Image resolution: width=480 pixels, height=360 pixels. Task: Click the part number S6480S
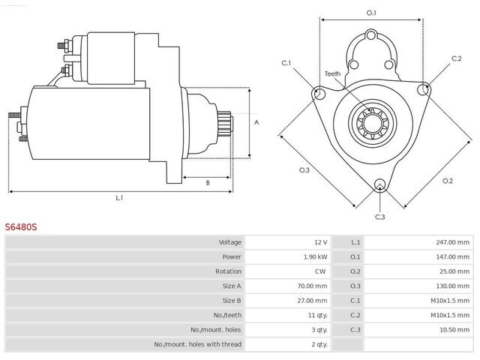[21, 226]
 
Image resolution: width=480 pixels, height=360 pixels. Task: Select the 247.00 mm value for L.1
[452, 242]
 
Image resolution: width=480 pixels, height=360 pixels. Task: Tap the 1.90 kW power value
[315, 256]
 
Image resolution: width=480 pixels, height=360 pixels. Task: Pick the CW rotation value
[320, 271]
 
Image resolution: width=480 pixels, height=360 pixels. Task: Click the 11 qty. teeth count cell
[317, 315]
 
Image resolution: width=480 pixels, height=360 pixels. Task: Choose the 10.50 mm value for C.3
[454, 330]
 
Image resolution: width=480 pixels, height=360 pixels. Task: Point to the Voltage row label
[230, 242]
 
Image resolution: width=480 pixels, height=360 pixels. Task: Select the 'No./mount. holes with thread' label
[197, 344]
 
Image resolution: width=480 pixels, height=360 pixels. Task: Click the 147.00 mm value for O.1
[452, 256]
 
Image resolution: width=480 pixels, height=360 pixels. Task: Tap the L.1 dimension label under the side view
[119, 198]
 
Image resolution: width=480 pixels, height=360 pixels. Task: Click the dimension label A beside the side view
[256, 122]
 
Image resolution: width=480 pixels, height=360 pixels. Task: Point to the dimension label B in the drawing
[208, 183]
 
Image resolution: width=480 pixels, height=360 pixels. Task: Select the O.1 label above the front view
[371, 13]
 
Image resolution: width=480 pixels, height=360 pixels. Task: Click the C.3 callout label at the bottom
[380, 217]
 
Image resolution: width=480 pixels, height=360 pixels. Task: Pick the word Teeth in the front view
[332, 73]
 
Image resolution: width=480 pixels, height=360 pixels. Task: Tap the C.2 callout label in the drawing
[457, 58]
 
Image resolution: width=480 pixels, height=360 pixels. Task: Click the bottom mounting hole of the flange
[379, 184]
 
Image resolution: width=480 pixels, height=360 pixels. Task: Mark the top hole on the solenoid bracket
[371, 35]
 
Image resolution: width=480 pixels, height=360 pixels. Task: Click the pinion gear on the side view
[224, 121]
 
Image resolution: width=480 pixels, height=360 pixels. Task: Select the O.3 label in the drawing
[304, 170]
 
